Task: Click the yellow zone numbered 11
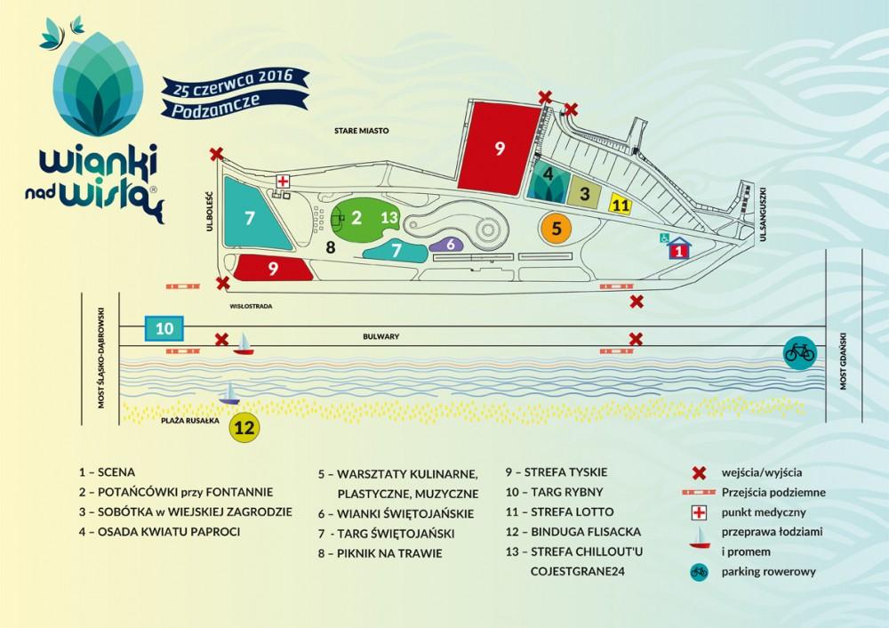click(621, 204)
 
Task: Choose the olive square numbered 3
click(585, 192)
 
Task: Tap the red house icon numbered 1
click(679, 249)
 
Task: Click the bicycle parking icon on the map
click(798, 351)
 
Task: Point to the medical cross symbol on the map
click(283, 181)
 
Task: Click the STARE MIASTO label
click(362, 131)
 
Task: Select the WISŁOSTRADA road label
click(250, 305)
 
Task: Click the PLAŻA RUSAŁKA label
click(189, 418)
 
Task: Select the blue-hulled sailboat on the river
click(229, 393)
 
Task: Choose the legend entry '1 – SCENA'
click(107, 472)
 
